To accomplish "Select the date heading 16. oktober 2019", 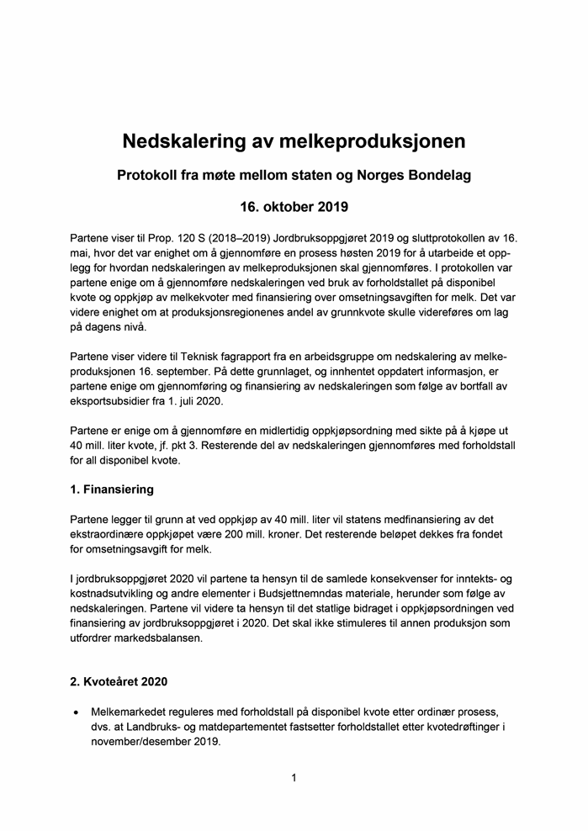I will coord(294,207).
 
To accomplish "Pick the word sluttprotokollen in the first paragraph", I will coord(450,237).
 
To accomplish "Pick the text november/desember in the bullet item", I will coord(146,742).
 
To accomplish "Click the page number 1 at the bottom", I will coord(294,779).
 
